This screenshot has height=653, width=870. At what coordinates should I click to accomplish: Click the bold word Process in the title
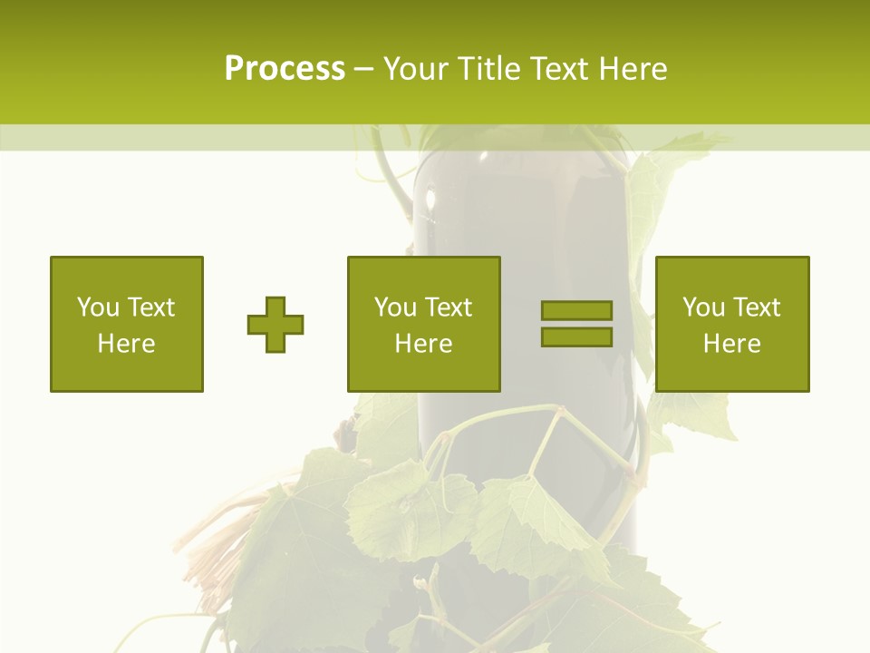click(x=285, y=68)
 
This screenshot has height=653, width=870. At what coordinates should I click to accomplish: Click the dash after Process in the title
click(x=364, y=70)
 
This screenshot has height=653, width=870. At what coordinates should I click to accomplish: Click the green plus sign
click(x=275, y=324)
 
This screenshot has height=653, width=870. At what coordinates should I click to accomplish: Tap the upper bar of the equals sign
click(x=576, y=311)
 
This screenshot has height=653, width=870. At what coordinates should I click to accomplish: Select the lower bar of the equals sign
click(x=576, y=336)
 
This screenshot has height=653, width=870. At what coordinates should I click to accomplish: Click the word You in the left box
click(x=98, y=307)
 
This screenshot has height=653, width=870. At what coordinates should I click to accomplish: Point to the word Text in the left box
click(x=150, y=307)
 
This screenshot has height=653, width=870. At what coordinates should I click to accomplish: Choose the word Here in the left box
click(x=126, y=344)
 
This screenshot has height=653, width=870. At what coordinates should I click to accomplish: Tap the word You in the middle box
click(x=395, y=307)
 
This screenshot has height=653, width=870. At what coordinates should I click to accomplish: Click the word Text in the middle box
click(x=447, y=307)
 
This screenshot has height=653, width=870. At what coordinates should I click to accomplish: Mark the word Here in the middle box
click(x=423, y=344)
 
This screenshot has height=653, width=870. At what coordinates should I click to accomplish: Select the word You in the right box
click(x=703, y=307)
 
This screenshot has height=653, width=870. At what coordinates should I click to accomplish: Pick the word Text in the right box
click(x=755, y=307)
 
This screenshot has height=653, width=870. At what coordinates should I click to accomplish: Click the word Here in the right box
click(x=731, y=344)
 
